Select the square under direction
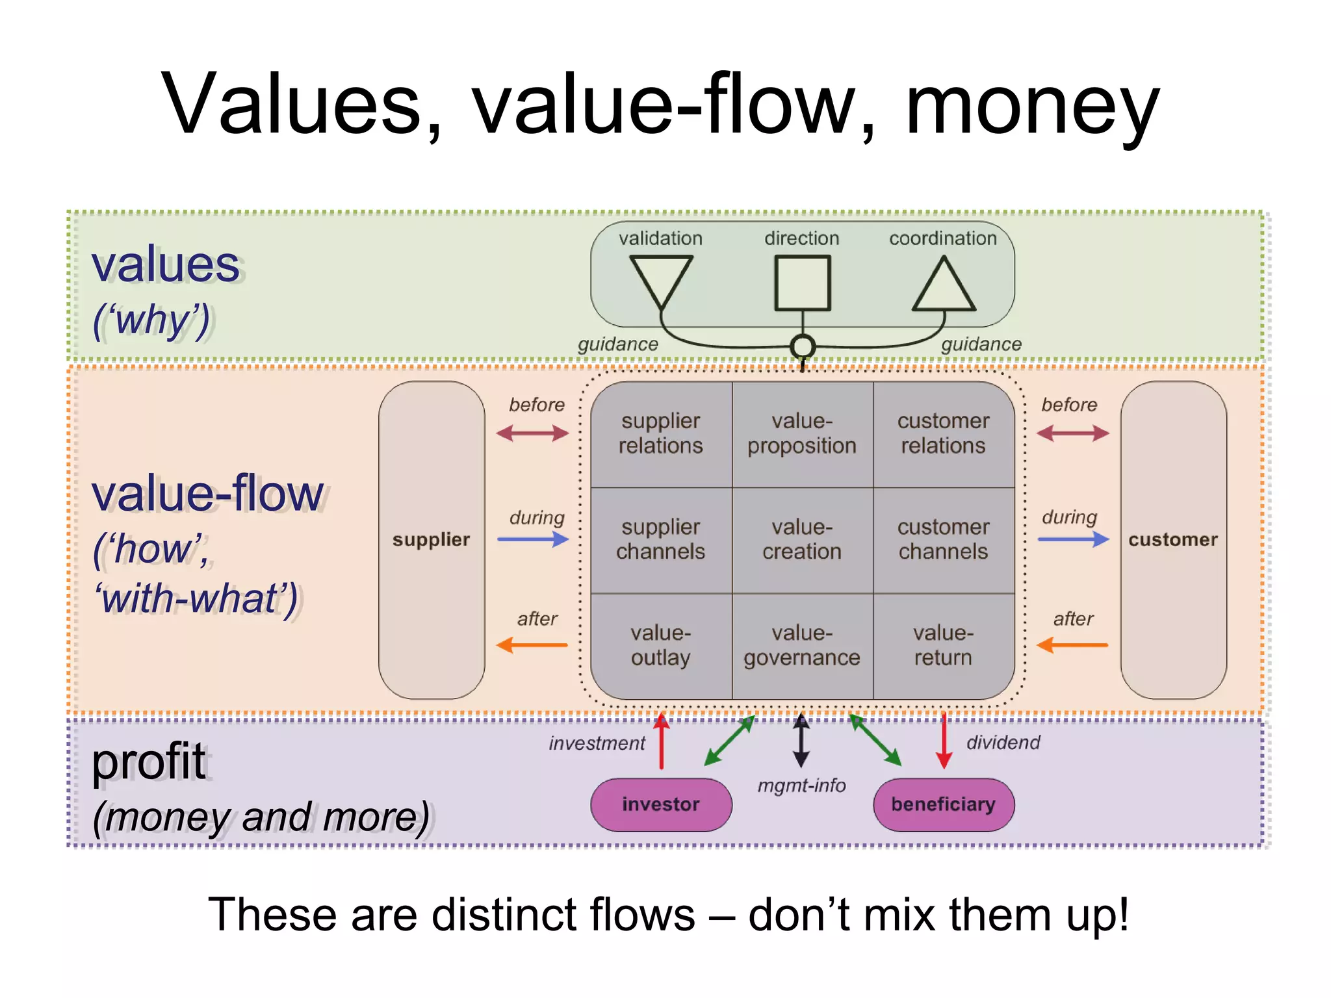(803, 283)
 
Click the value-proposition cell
(802, 433)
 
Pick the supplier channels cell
(660, 539)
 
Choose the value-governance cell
(802, 645)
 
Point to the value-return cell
(943, 645)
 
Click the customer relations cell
(943, 433)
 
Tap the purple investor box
(661, 804)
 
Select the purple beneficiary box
(944, 804)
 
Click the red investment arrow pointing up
(662, 741)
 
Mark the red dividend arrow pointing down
(944, 741)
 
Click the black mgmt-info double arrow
(801, 741)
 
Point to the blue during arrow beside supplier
(533, 539)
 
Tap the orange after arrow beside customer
(1073, 645)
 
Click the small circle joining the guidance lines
(803, 346)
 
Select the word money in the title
(1032, 105)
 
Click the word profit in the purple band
(148, 761)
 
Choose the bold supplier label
(431, 540)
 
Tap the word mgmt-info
(801, 786)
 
